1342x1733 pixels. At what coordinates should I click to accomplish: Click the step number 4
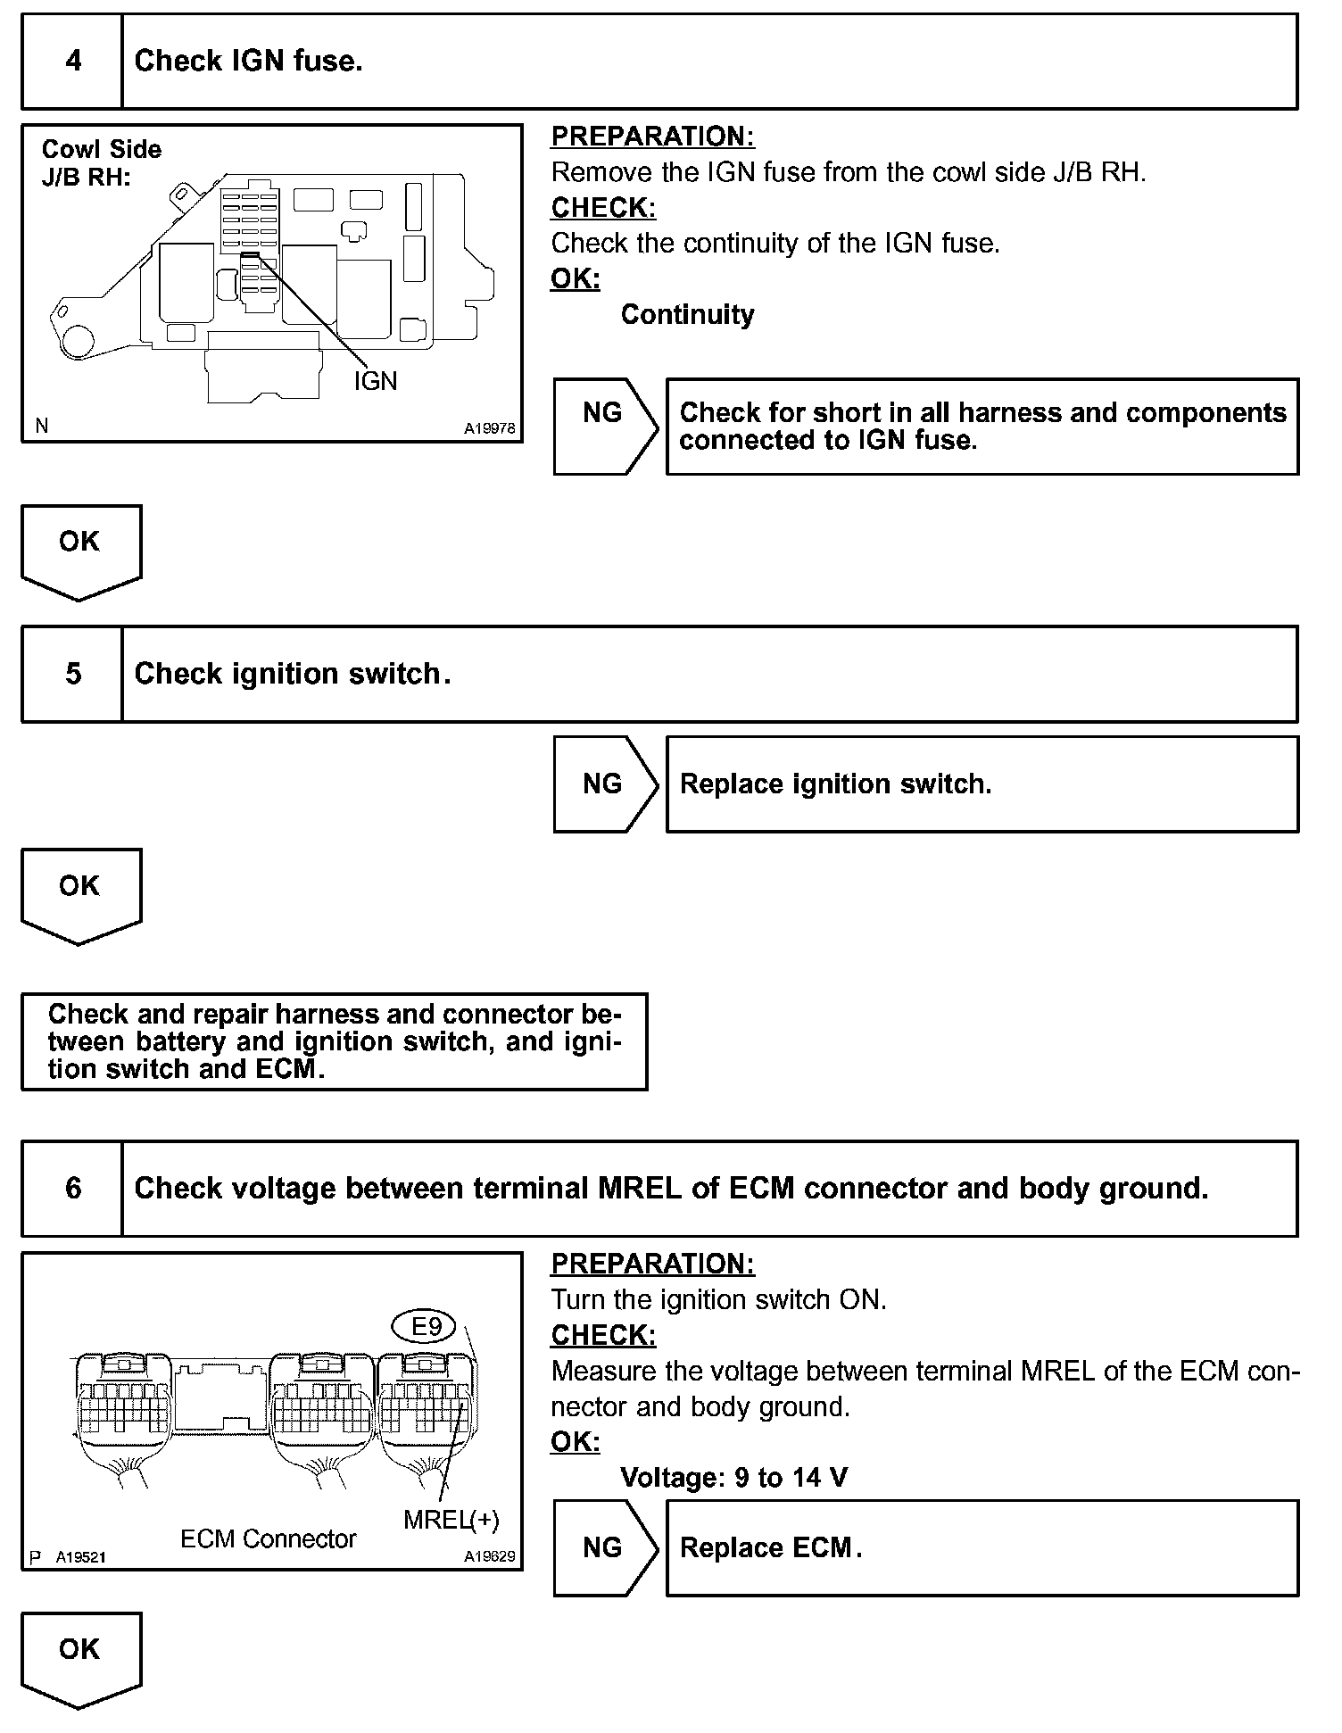click(73, 61)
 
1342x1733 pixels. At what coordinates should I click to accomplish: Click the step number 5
click(73, 674)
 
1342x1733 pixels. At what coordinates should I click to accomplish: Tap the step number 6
click(73, 1189)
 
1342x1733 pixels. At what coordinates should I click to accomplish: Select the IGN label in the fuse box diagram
click(375, 381)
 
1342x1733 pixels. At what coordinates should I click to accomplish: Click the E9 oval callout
click(426, 1326)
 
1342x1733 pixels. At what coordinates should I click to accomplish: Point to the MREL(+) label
click(451, 1519)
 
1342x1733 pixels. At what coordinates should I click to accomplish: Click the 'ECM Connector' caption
click(268, 1538)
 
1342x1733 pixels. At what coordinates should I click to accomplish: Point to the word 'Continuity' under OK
click(687, 314)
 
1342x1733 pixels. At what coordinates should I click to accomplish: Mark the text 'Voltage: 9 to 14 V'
click(733, 1478)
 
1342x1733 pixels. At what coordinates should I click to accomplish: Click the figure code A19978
click(489, 428)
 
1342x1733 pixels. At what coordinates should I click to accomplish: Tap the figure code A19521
click(80, 1557)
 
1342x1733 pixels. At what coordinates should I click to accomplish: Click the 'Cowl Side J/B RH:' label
click(101, 162)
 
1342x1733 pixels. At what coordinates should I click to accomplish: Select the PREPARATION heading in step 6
click(652, 1264)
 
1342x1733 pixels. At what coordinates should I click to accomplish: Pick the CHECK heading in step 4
click(603, 207)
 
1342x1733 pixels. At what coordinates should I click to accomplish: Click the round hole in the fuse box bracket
click(78, 341)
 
